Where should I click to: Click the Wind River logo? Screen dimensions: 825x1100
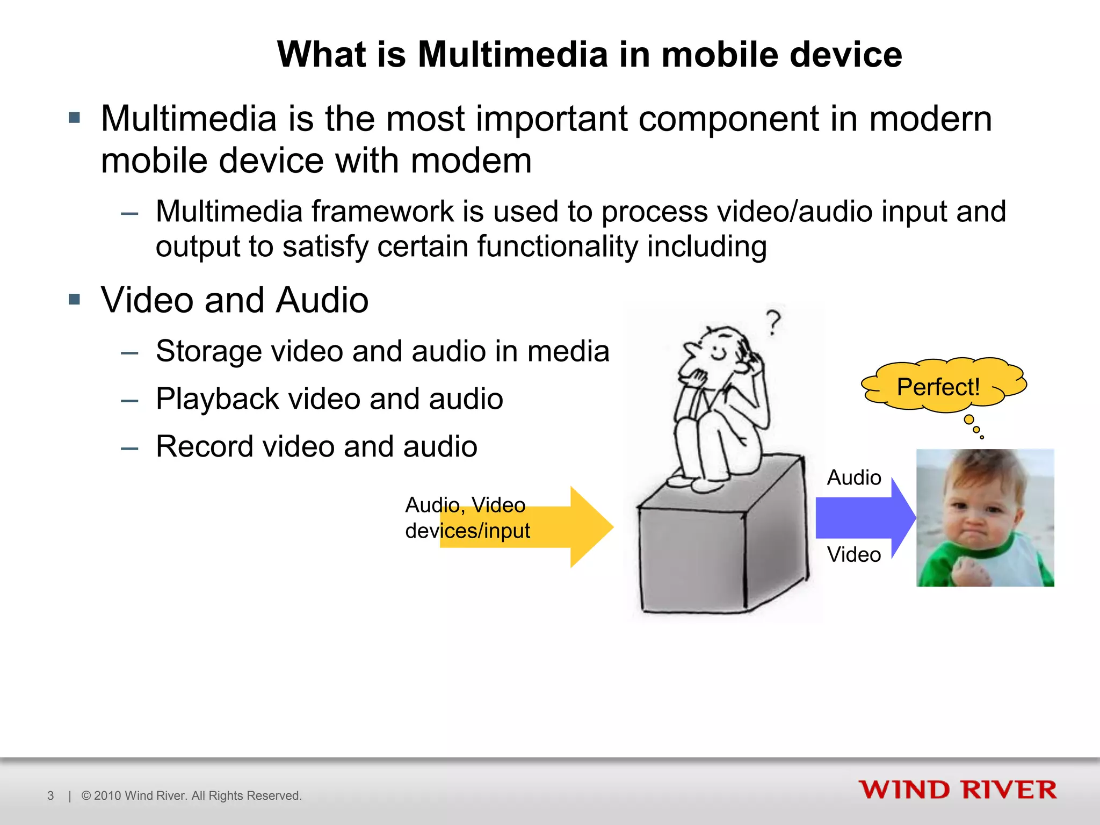point(957,790)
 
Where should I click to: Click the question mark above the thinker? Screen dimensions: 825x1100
point(773,322)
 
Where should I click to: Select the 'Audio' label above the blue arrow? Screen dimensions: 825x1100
point(854,477)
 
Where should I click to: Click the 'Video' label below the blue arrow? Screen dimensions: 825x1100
point(854,554)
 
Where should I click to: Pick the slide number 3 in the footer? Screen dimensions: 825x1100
point(50,795)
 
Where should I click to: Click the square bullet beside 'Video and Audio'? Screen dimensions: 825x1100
point(74,299)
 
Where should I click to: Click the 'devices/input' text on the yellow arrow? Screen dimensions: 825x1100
point(467,531)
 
